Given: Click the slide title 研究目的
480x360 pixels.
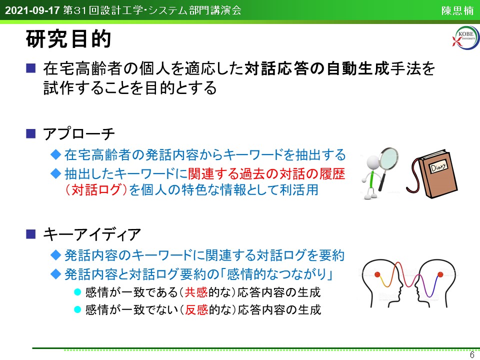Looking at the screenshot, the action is [x=68, y=39].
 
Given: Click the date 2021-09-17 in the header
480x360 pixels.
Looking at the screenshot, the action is [x=32, y=10].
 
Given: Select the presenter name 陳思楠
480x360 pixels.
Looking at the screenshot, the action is [x=457, y=10].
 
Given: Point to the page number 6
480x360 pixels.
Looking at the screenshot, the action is [x=471, y=354].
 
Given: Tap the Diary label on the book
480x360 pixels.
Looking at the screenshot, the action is [x=438, y=167].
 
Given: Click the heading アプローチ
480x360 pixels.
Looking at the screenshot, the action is [x=79, y=134].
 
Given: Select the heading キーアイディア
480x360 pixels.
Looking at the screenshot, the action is [x=92, y=234].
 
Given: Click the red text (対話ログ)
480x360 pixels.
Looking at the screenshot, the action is [x=96, y=190].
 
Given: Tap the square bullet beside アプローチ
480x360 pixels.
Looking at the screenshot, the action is [x=30, y=134].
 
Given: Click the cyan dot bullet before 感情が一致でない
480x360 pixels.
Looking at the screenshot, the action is [x=77, y=310].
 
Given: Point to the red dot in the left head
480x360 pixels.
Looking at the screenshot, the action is [x=377, y=274].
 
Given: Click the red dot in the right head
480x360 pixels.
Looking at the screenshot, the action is [x=440, y=274].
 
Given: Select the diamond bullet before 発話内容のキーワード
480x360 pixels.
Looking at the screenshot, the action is [x=55, y=255].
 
